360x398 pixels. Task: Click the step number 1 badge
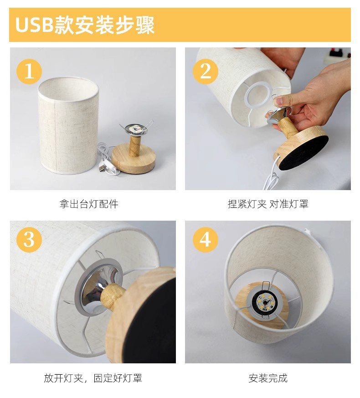click(x=29, y=71)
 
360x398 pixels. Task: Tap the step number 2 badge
click(x=205, y=71)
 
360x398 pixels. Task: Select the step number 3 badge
click(x=29, y=239)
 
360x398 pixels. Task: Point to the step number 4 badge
click(x=205, y=239)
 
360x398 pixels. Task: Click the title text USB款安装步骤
click(x=85, y=25)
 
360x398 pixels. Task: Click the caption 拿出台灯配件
click(x=89, y=204)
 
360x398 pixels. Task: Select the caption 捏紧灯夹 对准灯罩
click(x=268, y=204)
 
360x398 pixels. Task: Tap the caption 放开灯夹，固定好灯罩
click(x=93, y=378)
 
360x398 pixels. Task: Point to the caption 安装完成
click(x=268, y=378)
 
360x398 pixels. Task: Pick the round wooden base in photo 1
click(x=133, y=158)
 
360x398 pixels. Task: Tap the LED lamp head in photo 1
click(x=136, y=129)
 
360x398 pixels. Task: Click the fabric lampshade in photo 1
click(x=68, y=125)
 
